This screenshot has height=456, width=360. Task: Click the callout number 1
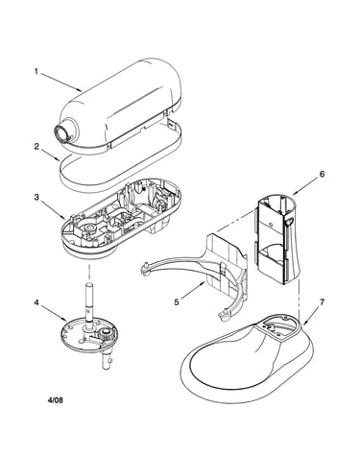point(36,71)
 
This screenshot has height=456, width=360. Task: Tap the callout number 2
point(36,146)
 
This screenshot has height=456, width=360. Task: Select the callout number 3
point(36,197)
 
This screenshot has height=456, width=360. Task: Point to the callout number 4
point(36,302)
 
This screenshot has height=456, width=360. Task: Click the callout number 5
point(177,301)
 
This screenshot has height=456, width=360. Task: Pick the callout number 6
point(322,174)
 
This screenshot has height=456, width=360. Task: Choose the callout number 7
point(322,301)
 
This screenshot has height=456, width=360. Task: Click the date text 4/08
point(55,399)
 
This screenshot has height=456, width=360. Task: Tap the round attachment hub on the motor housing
point(62,132)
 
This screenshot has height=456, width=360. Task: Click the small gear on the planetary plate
point(106,335)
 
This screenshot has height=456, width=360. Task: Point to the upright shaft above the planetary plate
point(89,300)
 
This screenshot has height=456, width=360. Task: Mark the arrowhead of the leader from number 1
point(80,89)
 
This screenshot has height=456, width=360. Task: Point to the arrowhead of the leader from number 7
point(303,324)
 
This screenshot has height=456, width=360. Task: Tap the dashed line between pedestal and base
point(300,300)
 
